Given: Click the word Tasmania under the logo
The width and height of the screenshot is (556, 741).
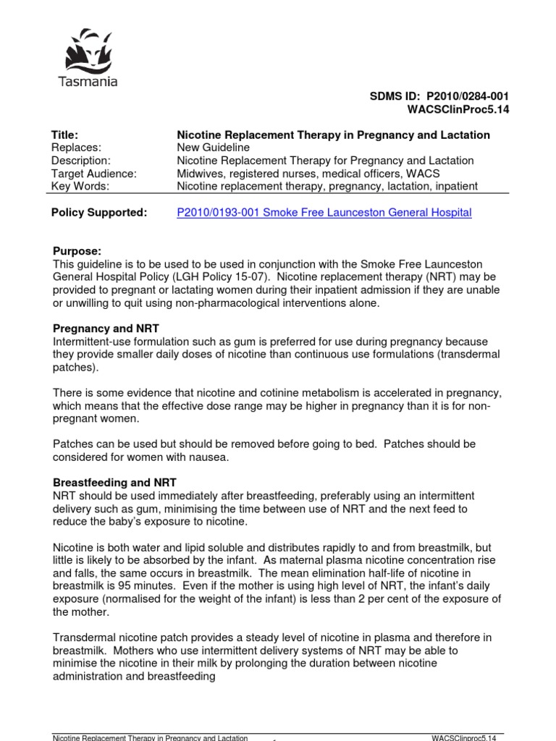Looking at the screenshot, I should point(87,82).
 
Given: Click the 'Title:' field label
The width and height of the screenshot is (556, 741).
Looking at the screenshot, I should point(64,135).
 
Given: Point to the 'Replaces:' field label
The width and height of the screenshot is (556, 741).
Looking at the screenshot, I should point(75,148).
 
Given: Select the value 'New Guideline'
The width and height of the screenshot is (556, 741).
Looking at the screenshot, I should point(213,148).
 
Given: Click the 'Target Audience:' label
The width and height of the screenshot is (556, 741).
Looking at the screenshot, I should point(93,173).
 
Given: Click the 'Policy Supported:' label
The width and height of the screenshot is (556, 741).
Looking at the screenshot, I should point(98,213).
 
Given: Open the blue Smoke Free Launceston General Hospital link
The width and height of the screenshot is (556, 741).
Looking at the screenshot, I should point(324,213).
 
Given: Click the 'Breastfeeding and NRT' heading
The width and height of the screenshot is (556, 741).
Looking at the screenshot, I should point(114,482).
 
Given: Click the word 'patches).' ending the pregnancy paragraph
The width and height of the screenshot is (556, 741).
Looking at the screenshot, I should point(75,367).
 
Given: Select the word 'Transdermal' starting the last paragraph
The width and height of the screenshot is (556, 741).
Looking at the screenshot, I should point(85,638).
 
